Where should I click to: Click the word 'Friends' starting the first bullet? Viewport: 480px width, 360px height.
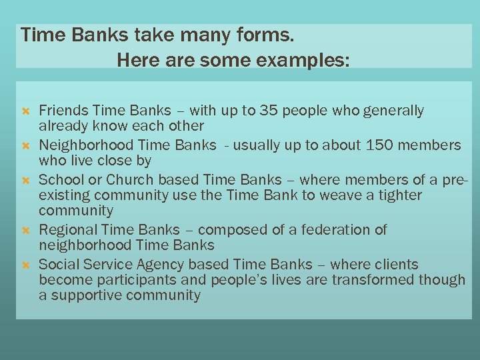pyautogui.click(x=64, y=110)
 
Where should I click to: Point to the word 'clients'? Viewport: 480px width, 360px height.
pyautogui.click(x=395, y=265)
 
